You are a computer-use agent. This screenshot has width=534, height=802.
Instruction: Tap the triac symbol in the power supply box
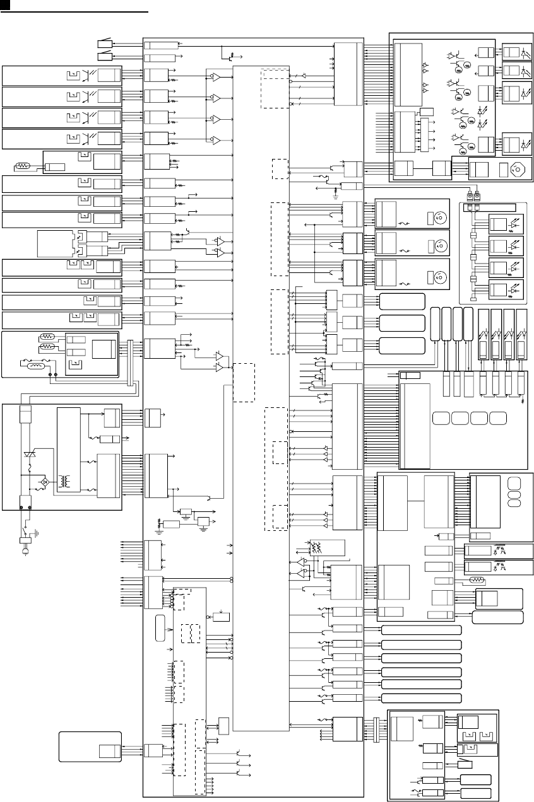[28, 455]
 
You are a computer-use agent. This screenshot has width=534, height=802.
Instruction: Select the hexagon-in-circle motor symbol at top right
[518, 169]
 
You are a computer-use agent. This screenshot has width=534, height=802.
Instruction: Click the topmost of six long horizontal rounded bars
[422, 629]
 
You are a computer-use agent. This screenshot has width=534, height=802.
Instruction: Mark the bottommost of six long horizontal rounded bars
[422, 699]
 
